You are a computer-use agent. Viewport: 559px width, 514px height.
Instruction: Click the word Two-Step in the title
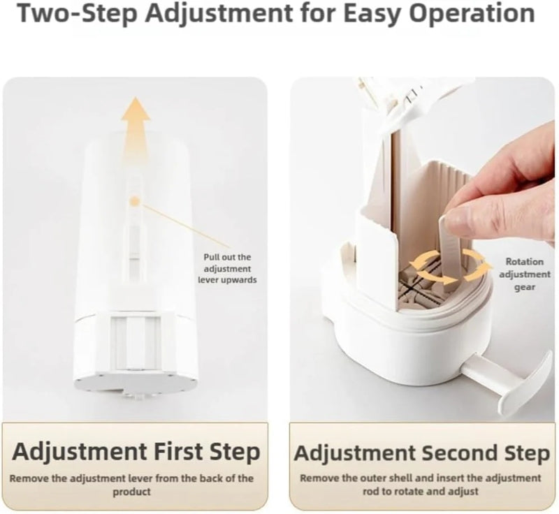point(78,13)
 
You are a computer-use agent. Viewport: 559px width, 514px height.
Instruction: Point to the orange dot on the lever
point(135,201)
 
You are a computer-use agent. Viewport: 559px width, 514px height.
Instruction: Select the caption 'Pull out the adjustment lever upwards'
point(227,269)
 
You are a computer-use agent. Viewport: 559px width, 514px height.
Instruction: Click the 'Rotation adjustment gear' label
point(525,274)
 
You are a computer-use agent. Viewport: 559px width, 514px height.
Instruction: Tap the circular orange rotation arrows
point(450,269)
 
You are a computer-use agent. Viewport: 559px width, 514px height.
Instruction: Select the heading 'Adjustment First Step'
point(136,451)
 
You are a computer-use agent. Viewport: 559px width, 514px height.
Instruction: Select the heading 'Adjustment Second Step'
point(422,453)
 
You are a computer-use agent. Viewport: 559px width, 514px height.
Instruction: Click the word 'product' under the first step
point(131,492)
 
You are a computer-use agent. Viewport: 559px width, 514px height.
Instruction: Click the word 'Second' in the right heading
point(460,453)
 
